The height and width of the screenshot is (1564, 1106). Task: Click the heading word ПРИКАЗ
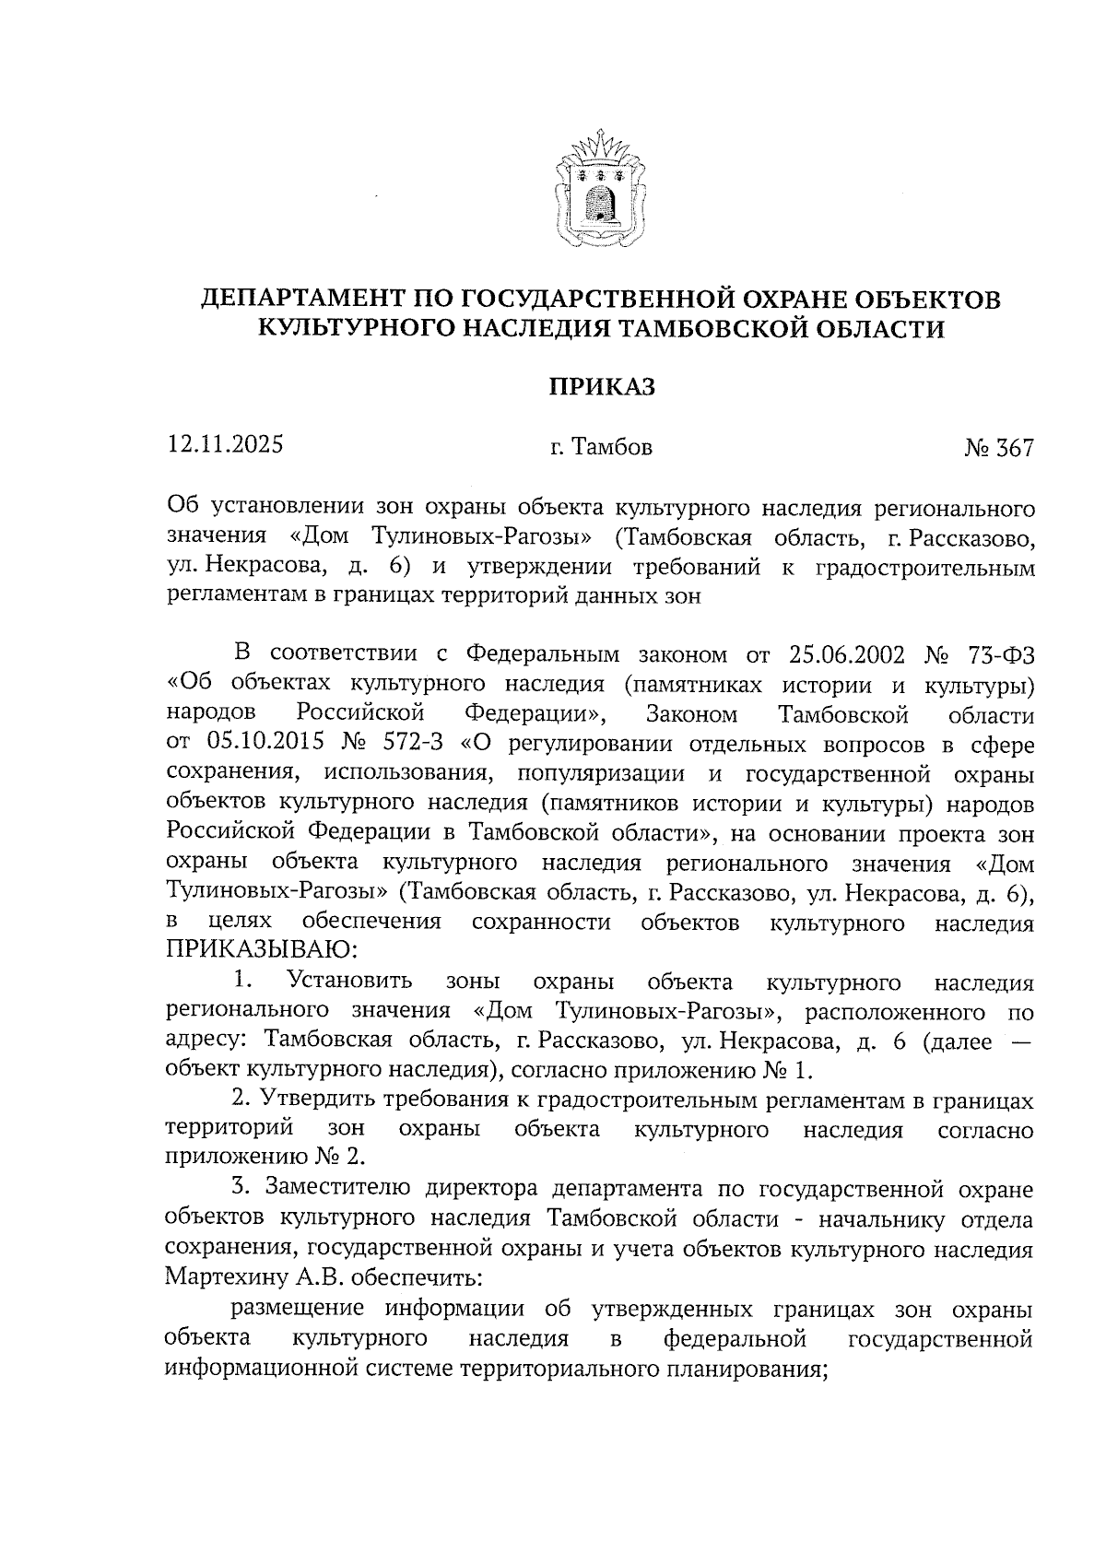(602, 387)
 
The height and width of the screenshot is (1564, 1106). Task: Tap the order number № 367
(999, 448)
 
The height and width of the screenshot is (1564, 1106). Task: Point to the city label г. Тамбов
(601, 448)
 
